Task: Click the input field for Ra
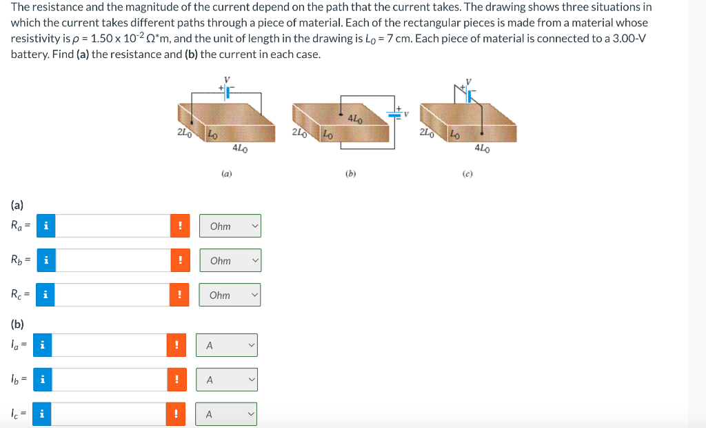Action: click(112, 226)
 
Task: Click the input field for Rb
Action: click(112, 260)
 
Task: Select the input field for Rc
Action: click(112, 295)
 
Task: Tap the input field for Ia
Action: click(109, 345)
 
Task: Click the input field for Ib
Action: click(109, 380)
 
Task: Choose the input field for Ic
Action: click(109, 414)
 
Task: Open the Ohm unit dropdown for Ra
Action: click(230, 226)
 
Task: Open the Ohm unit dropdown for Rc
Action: click(230, 295)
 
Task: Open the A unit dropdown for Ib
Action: click(226, 380)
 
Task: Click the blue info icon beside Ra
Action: click(46, 226)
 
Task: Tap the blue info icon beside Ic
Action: click(43, 414)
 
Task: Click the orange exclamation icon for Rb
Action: click(180, 260)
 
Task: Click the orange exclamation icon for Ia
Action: click(176, 345)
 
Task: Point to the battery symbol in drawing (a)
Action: click(226, 90)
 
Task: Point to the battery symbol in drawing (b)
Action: click(397, 114)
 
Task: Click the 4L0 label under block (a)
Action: click(240, 148)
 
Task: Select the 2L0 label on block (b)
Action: click(299, 132)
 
